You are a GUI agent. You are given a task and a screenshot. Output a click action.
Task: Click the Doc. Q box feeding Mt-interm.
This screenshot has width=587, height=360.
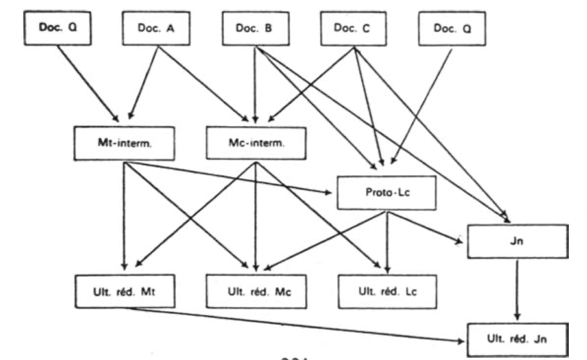58,28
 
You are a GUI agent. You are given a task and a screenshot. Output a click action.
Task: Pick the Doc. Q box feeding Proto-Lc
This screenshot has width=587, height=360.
452,28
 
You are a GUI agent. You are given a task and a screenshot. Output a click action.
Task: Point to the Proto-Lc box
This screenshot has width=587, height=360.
387,192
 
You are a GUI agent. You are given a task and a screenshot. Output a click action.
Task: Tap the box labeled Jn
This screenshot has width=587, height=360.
517,241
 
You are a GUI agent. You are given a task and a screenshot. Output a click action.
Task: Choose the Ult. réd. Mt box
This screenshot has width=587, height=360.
124,291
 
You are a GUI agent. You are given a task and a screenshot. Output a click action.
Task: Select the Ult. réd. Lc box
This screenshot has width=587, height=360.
387,291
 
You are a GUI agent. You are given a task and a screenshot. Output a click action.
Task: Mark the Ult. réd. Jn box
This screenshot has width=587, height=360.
517,339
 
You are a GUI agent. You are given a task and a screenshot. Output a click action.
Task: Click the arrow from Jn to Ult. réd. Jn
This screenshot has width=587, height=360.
517,288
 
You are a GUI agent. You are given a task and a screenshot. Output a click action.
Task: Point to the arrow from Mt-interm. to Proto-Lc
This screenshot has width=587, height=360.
233,177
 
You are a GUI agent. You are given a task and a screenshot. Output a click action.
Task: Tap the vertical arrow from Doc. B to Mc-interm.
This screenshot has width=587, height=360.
255,84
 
